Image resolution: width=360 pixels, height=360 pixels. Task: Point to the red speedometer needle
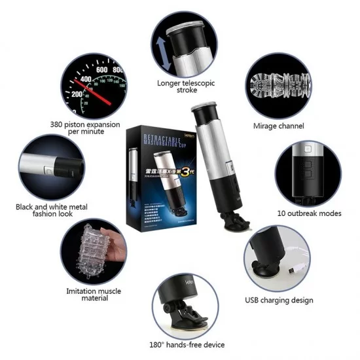[x=93, y=84]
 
